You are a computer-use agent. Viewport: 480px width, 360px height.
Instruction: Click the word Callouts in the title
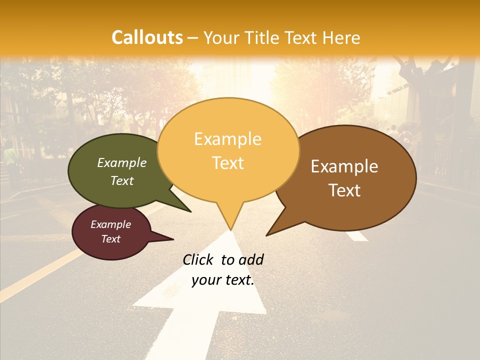[x=147, y=37]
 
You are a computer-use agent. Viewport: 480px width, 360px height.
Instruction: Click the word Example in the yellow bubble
[x=227, y=139]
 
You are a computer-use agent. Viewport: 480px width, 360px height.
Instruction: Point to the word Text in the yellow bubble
[x=227, y=162]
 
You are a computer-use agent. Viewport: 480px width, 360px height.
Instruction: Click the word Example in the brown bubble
[x=344, y=166]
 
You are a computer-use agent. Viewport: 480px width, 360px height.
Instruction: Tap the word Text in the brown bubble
[x=344, y=190]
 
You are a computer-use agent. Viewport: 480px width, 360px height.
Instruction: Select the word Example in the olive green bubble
[x=122, y=162]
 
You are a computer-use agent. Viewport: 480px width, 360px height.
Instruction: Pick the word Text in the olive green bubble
[x=122, y=180]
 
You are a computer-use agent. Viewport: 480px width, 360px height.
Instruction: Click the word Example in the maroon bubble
[x=110, y=224]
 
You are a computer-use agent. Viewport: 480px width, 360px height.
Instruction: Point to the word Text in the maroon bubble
[x=110, y=239]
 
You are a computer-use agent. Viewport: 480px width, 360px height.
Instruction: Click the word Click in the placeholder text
[x=197, y=259]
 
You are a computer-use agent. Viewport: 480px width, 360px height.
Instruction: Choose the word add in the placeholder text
[x=251, y=259]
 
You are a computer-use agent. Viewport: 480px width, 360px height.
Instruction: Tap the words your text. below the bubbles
[x=223, y=280]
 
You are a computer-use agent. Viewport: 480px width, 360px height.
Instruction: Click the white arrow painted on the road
[x=200, y=310]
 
